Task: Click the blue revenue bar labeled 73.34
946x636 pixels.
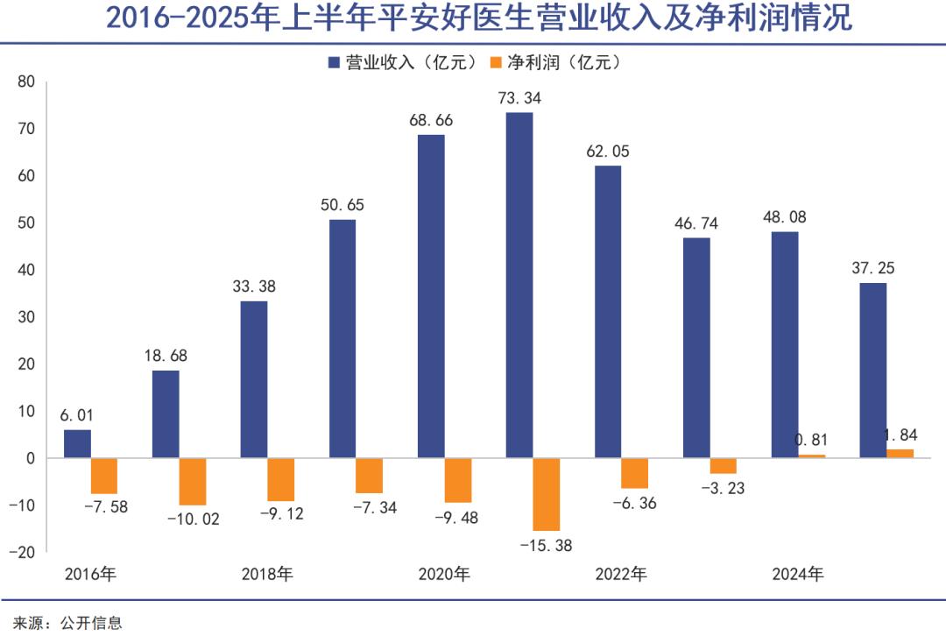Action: coord(519,285)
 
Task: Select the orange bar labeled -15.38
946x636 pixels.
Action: coord(546,494)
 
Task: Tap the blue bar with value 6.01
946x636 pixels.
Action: coord(77,443)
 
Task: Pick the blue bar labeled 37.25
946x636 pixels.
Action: coord(873,370)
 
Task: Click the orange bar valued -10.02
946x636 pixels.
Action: coord(192,481)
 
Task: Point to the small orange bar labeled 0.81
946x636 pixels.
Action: coord(811,456)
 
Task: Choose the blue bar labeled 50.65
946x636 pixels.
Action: coord(342,338)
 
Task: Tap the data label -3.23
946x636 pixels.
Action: coord(723,489)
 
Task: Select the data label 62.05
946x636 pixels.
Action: coord(608,151)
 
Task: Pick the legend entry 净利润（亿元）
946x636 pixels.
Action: coord(554,62)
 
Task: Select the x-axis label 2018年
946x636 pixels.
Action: coord(267,575)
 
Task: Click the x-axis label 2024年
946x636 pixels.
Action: coord(798,575)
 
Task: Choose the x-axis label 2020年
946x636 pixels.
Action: coord(444,575)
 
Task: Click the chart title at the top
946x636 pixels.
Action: coord(473,19)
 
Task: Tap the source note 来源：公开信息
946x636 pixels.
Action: coord(61,623)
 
